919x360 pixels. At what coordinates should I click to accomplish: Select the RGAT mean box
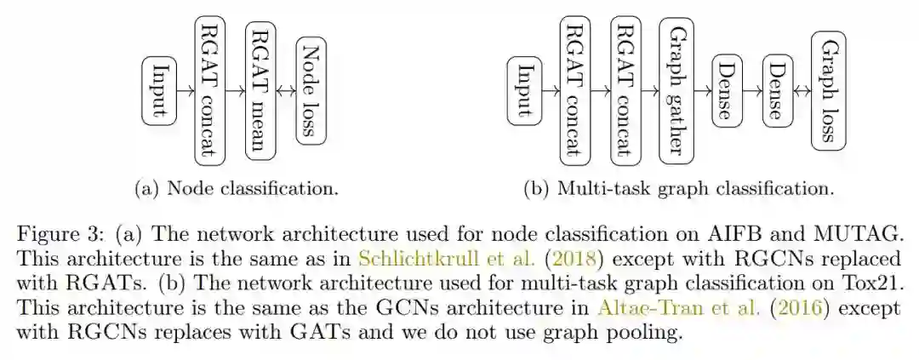click(258, 89)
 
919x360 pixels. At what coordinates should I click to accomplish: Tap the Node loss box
click(311, 89)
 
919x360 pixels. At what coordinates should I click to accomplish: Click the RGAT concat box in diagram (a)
click(209, 89)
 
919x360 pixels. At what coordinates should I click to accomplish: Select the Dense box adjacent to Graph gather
click(726, 89)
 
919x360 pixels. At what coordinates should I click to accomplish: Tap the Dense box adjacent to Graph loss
click(777, 89)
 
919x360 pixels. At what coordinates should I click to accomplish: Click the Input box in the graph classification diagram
click(525, 89)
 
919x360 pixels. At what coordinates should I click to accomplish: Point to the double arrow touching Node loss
click(284, 89)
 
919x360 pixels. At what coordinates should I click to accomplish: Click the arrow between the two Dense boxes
click(751, 89)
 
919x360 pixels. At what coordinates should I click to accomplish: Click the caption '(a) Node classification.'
click(237, 188)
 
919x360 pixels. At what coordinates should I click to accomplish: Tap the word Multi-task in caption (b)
click(597, 188)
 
